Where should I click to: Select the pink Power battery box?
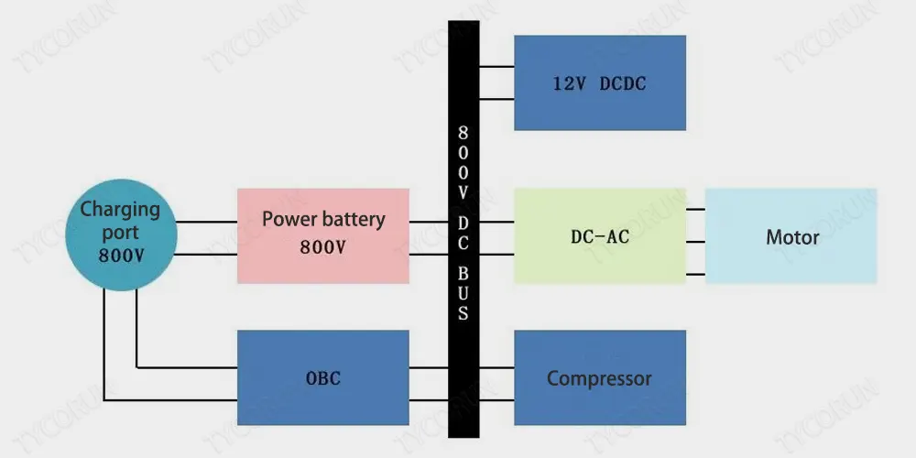click(x=323, y=235)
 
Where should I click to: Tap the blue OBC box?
click(x=323, y=377)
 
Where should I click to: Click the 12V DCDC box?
click(x=599, y=82)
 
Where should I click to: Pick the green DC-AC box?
click(x=599, y=236)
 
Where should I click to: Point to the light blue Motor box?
click(x=791, y=236)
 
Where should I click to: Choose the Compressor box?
click(x=599, y=377)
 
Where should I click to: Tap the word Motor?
click(x=792, y=237)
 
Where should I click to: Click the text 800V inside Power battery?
click(x=323, y=248)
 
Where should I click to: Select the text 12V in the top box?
click(x=569, y=83)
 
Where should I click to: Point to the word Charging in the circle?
click(x=120, y=209)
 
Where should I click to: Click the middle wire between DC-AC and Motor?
click(x=695, y=242)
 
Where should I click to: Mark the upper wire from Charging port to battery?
click(x=206, y=221)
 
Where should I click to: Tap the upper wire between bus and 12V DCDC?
click(x=496, y=67)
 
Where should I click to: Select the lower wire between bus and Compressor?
click(x=496, y=399)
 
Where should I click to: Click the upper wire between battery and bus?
click(x=429, y=221)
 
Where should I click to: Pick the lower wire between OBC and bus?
click(x=429, y=399)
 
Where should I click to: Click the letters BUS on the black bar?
click(x=463, y=292)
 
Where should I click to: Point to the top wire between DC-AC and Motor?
click(x=695, y=209)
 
